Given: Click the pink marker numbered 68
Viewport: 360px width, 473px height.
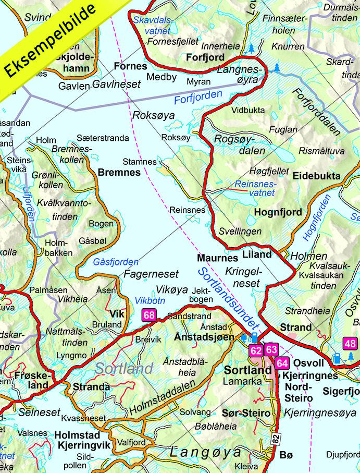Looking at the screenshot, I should click(149, 315).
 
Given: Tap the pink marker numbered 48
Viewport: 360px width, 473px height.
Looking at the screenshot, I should click(350, 344).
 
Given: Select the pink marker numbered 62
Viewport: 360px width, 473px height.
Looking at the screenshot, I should click(256, 350).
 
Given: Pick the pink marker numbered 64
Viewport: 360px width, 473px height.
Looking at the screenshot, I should click(282, 363).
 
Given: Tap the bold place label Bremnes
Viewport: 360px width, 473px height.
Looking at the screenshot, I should click(119, 172).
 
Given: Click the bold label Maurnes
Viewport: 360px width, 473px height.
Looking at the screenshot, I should click(214, 258).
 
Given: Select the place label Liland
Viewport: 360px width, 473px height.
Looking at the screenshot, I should click(257, 254).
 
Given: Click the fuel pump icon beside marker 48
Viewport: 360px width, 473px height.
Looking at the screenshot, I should click(338, 358).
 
